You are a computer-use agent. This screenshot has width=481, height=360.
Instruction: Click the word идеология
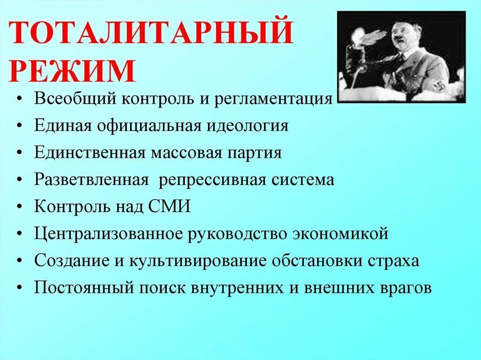tap(247, 126)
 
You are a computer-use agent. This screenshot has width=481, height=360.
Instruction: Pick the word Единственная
tap(89, 152)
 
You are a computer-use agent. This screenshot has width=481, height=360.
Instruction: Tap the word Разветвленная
tap(91, 179)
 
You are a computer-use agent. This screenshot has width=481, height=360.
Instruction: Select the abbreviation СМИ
tap(169, 206)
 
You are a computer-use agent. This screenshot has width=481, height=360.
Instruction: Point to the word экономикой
tap(341, 234)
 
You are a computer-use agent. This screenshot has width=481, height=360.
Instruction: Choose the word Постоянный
tap(84, 288)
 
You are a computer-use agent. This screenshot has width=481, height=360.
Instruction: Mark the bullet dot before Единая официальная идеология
tap(20, 126)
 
